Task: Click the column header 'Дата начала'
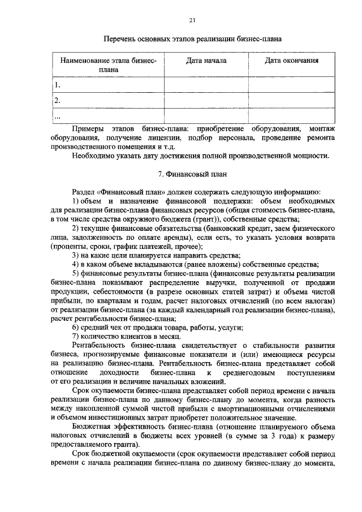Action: [206, 60]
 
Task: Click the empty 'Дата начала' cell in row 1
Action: [206, 85]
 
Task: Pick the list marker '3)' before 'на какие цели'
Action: [76, 256]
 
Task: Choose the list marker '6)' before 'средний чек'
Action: [76, 328]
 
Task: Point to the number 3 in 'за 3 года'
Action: [264, 437]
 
